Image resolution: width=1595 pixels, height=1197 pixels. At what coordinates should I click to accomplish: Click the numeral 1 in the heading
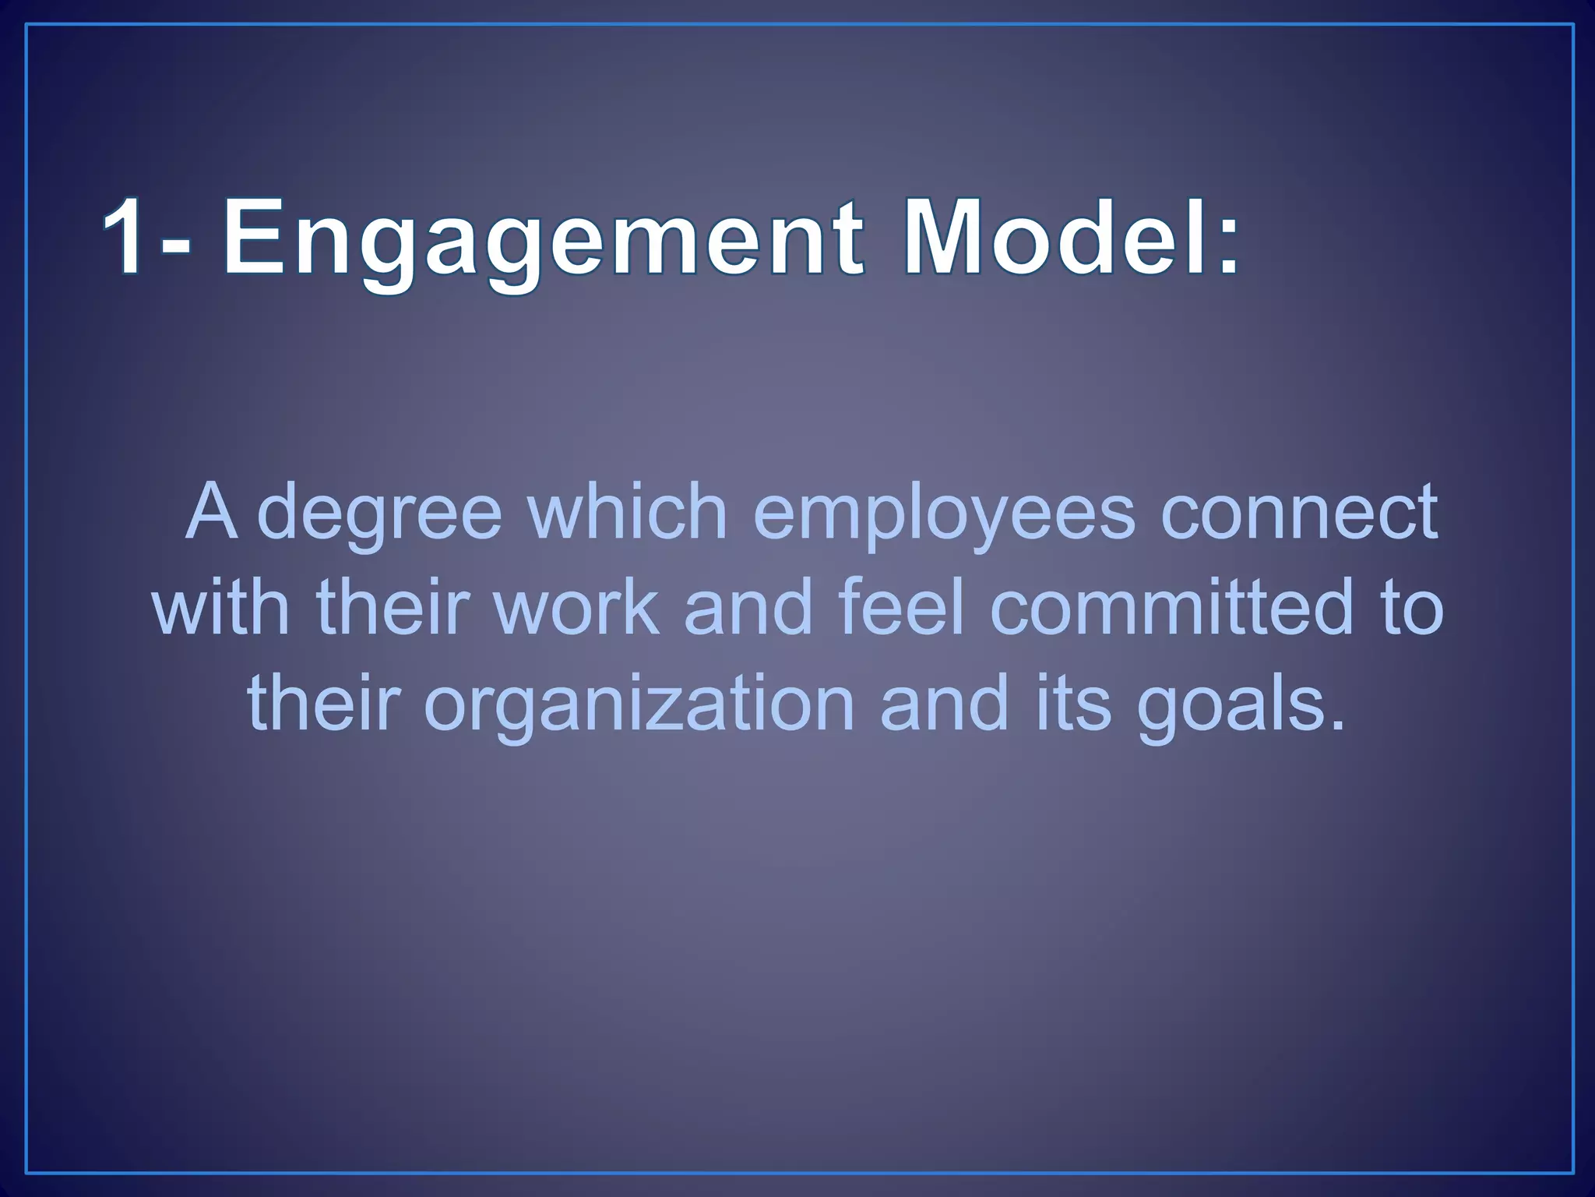[125, 235]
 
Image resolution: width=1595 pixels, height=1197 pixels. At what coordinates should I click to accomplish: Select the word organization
[639, 706]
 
